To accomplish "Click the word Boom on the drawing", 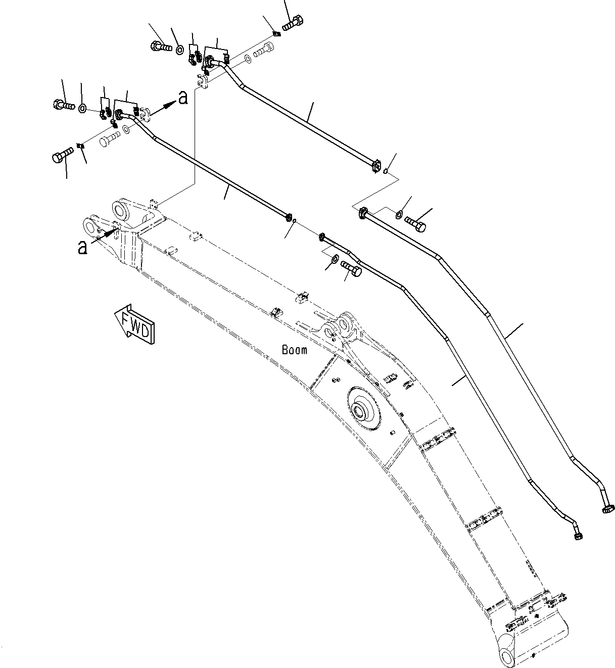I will click(x=294, y=350).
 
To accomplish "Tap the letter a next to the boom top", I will click(x=82, y=247).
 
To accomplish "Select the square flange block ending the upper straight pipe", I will click(x=375, y=167).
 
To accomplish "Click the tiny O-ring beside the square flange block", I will click(x=386, y=170).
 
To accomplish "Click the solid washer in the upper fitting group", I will click(x=179, y=49).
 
